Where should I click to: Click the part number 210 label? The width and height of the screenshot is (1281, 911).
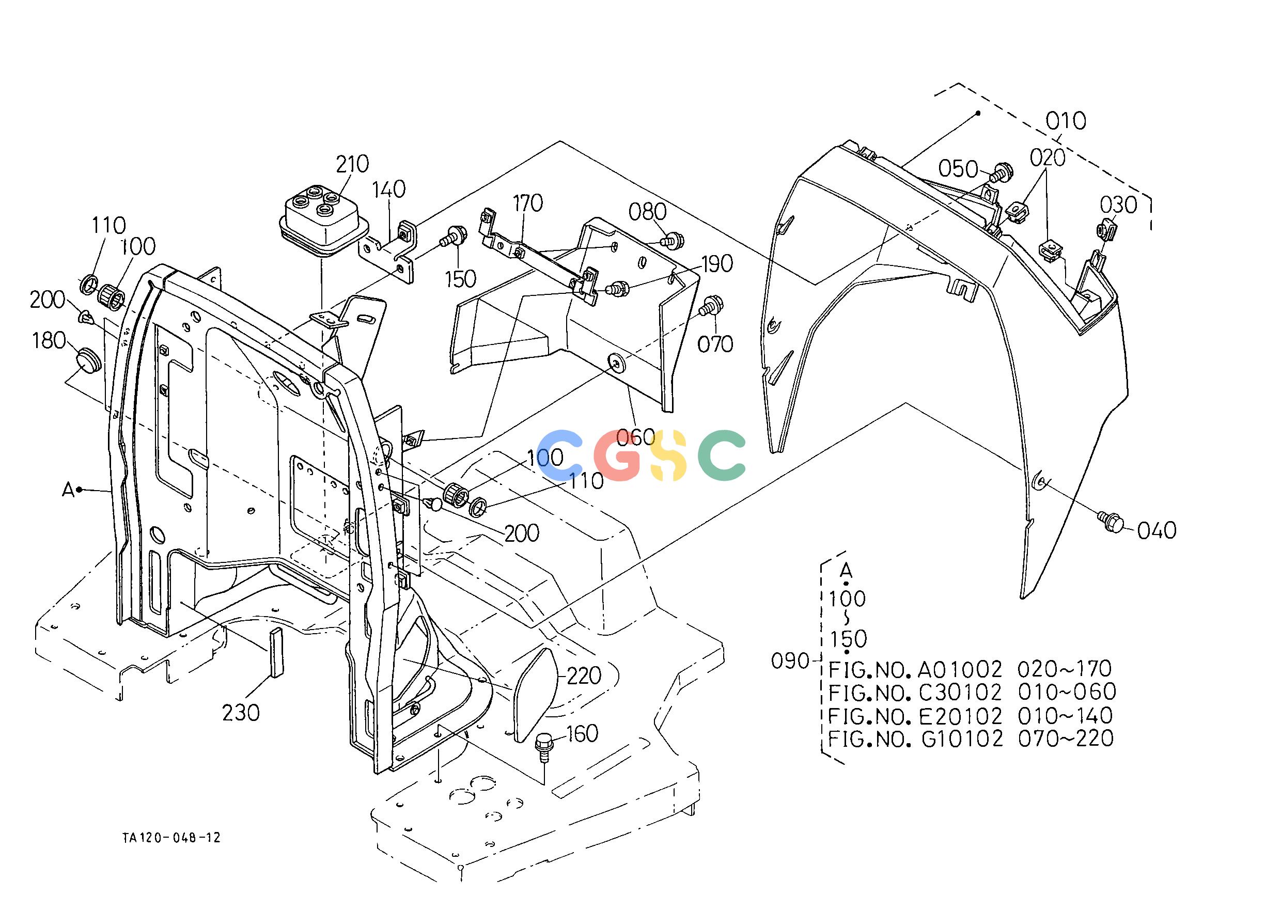coord(352,164)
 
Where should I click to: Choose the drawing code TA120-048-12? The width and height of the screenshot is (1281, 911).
coord(171,838)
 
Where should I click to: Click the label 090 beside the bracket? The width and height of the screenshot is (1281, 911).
coord(789,662)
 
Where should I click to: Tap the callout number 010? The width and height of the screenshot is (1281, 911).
coord(1066,121)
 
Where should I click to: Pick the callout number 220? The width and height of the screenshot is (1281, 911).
coord(584,676)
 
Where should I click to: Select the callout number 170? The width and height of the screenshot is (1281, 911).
coord(527,203)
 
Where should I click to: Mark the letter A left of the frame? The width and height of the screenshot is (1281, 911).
coord(68,490)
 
